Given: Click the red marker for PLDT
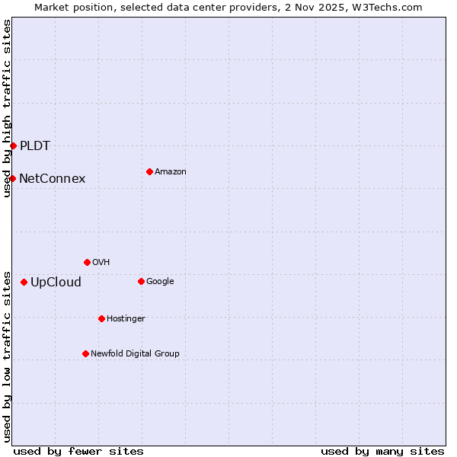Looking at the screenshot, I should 13,145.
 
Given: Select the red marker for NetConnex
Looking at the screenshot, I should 12,178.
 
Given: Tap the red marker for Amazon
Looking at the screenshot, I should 149,171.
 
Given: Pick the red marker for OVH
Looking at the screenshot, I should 87,262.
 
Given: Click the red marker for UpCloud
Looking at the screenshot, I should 24,282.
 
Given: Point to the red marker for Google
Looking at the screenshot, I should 141,281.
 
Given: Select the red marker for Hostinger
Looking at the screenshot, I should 101,318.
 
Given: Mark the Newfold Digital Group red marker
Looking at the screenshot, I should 85,353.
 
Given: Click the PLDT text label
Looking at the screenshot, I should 35,145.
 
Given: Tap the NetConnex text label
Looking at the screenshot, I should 53,179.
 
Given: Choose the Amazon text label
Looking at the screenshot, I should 171,172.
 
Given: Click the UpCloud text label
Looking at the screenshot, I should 56,283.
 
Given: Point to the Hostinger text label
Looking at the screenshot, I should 126,318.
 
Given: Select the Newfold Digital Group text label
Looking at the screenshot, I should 135,353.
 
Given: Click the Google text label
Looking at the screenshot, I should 160,281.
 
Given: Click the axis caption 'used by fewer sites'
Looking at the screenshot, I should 78,452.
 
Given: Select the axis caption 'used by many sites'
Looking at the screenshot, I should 382,452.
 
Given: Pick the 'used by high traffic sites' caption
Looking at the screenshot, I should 7,108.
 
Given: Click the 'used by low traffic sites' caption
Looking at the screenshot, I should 7,356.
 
